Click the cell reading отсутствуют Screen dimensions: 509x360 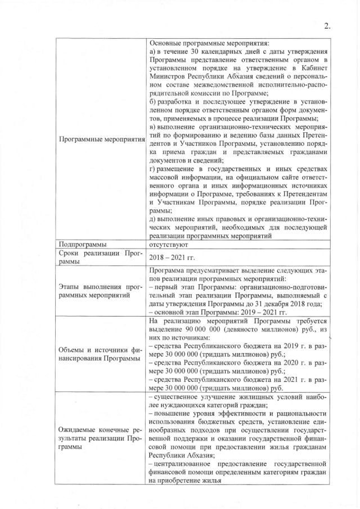[169, 244]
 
